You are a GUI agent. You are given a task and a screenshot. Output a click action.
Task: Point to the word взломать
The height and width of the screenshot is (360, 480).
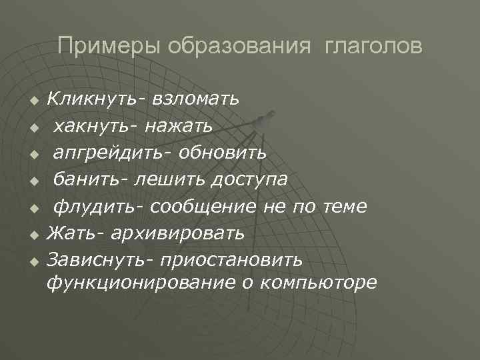[x=196, y=100]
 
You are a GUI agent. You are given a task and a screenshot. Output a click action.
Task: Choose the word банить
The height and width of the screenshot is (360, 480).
[x=90, y=179]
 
